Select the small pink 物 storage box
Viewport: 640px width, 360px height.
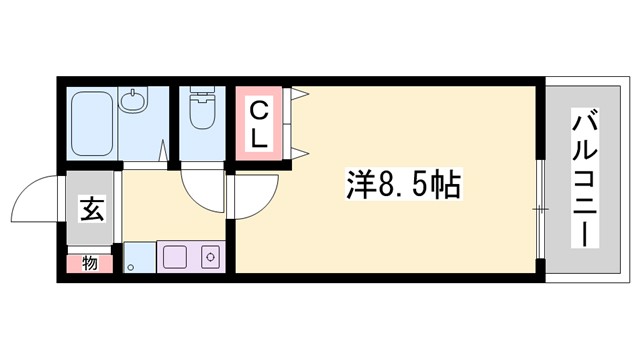(x=89, y=264)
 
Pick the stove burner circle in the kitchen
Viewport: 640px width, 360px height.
(x=211, y=257)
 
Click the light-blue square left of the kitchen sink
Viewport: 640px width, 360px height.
(x=139, y=257)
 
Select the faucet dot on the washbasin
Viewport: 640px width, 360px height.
(x=131, y=91)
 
